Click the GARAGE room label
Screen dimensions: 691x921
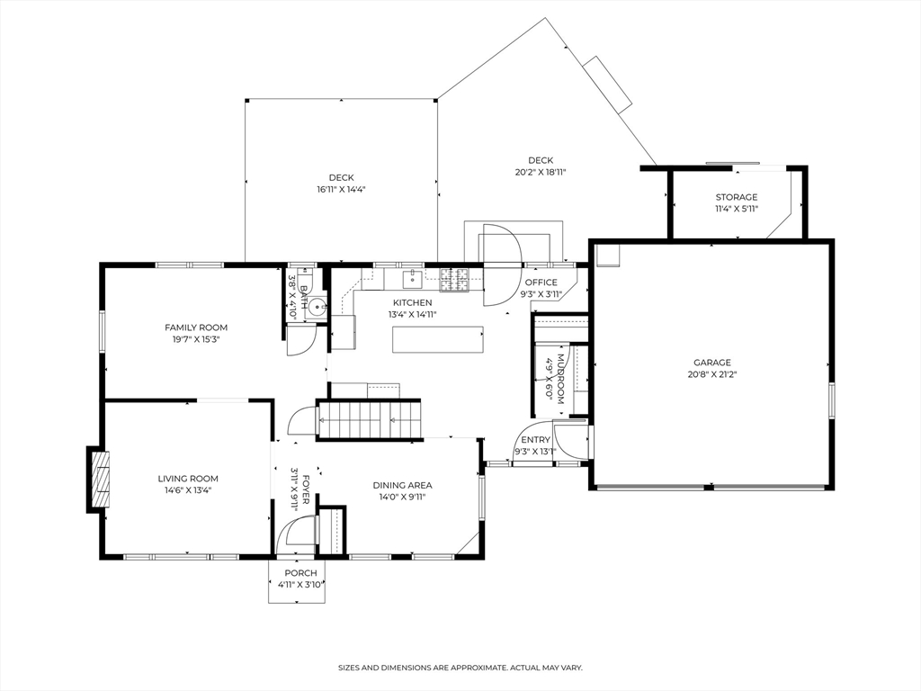click(x=711, y=363)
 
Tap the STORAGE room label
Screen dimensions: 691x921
click(x=736, y=197)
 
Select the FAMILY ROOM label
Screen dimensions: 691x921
click(x=195, y=328)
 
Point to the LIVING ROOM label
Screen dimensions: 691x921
click(x=188, y=479)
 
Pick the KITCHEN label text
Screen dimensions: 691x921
click(x=410, y=302)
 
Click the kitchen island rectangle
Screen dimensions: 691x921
click(x=438, y=340)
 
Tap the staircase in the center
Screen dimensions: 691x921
click(x=368, y=419)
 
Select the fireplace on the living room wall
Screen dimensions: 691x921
click(x=99, y=479)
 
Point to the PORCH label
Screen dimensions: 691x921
click(x=300, y=573)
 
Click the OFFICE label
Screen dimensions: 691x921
click(x=541, y=283)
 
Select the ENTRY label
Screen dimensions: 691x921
click(x=535, y=440)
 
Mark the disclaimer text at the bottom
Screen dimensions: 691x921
click(x=460, y=668)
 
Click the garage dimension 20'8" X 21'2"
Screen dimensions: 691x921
click(x=711, y=374)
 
